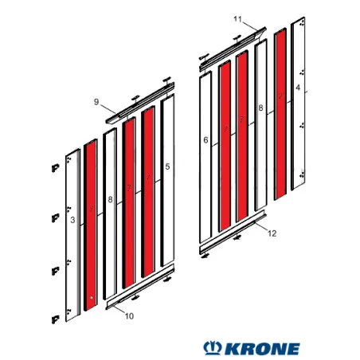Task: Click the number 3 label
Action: [x=72, y=218]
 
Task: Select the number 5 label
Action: [x=166, y=166]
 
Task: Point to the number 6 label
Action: [x=205, y=140]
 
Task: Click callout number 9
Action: [x=96, y=102]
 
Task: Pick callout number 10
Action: [x=130, y=316]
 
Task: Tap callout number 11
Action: [x=236, y=18]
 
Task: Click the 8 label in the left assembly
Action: [x=110, y=199]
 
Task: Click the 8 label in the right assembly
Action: [x=260, y=108]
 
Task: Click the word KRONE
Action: [x=264, y=349]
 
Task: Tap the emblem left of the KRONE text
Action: [x=213, y=348]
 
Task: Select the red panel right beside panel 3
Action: [x=91, y=223]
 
